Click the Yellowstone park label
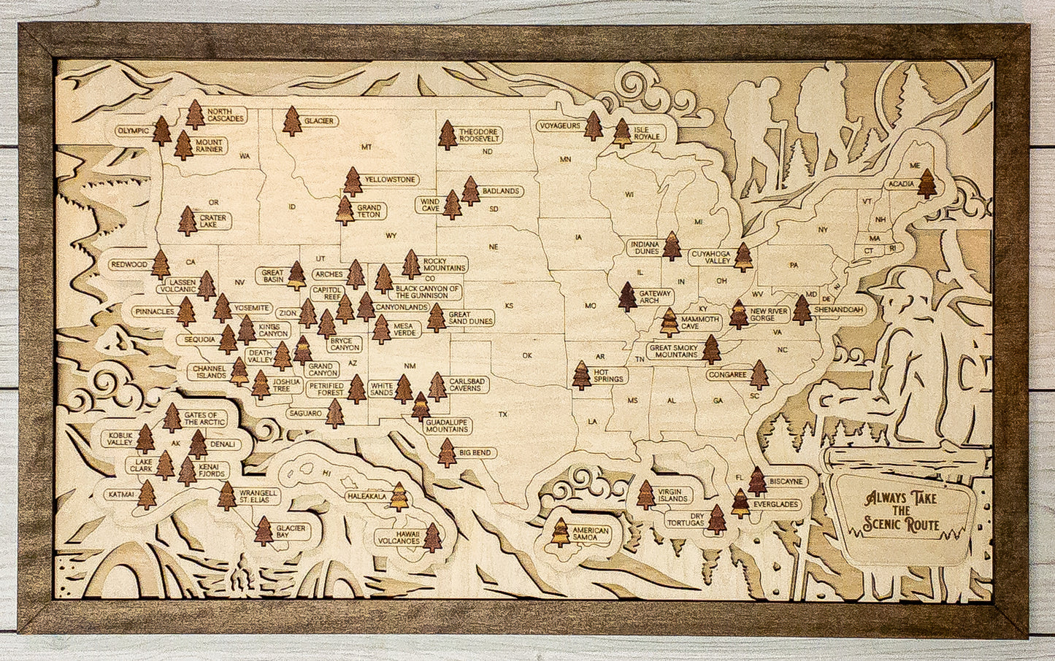[x=390, y=179]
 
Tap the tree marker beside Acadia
[x=927, y=184]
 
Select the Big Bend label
[x=475, y=453]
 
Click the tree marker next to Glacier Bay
[x=264, y=531]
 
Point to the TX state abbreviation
[x=502, y=414]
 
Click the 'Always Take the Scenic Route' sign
[x=901, y=511]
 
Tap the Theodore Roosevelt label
[x=479, y=136]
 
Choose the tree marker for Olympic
[x=161, y=131]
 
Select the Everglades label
[x=775, y=505]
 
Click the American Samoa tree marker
[x=560, y=533]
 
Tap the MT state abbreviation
[x=367, y=147]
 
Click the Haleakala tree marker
[x=399, y=498]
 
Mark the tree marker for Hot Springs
[x=581, y=375]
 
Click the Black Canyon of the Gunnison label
[x=428, y=292]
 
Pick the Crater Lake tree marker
[x=188, y=221]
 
